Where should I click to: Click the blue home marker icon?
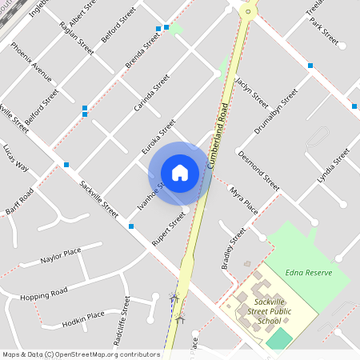(x=180, y=173)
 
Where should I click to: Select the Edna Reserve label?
(x=308, y=272)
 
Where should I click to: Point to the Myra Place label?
(x=244, y=200)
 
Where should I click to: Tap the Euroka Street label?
(x=158, y=137)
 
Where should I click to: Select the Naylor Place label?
(x=61, y=257)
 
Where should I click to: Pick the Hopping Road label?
(x=44, y=294)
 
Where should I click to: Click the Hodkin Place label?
(x=83, y=319)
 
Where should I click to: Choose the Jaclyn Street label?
(x=252, y=93)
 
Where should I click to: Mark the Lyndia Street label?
(x=334, y=165)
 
